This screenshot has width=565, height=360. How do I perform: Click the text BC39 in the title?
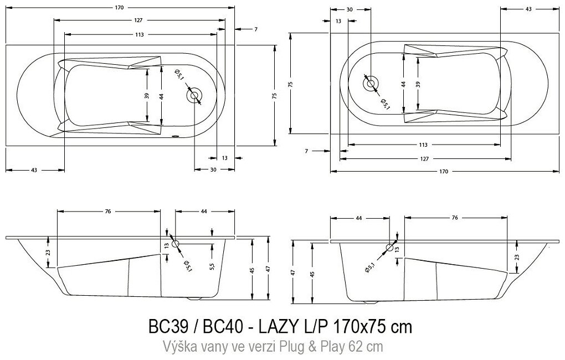point(168,327)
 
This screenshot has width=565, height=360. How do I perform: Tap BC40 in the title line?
point(223,327)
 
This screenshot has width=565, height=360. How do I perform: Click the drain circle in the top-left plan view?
point(194,95)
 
